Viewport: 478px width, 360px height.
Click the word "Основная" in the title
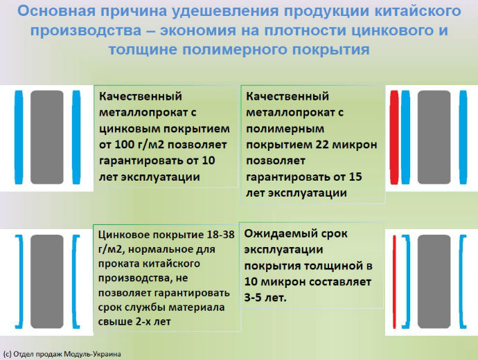(x=57, y=11)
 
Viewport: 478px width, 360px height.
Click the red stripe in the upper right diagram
(x=394, y=137)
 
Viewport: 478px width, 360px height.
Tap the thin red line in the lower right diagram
(x=394, y=282)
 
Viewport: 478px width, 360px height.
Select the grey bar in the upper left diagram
(x=47, y=137)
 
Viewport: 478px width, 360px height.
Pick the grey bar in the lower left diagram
(x=47, y=281)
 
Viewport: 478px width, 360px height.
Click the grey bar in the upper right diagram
(x=434, y=137)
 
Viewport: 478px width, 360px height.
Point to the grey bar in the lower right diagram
(x=434, y=281)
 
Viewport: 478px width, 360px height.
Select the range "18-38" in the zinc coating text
(x=221, y=235)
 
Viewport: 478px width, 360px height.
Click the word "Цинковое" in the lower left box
(x=123, y=235)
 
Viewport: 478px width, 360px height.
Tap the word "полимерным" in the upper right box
(x=285, y=129)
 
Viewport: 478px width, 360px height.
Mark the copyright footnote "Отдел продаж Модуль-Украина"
(x=67, y=354)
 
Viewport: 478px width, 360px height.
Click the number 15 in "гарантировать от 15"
(x=355, y=177)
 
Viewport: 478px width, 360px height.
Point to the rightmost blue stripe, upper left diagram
(x=76, y=137)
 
